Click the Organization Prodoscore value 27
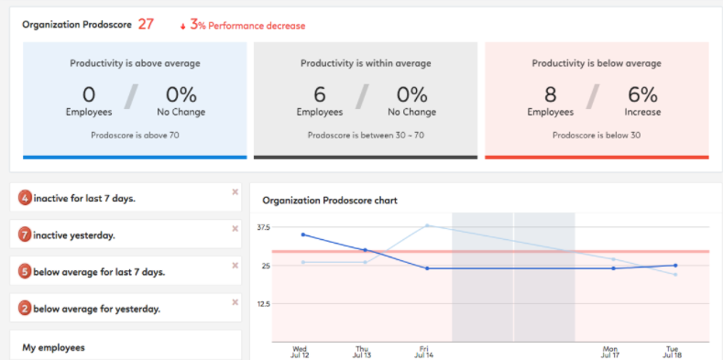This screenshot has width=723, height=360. (x=146, y=25)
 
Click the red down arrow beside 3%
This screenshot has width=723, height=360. (x=182, y=26)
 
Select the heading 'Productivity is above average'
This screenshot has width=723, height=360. (x=135, y=63)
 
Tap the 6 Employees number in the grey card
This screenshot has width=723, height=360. (x=319, y=94)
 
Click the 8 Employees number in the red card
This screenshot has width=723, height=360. (x=550, y=94)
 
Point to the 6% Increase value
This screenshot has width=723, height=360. (x=642, y=94)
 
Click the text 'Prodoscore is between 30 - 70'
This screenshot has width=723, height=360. (x=366, y=135)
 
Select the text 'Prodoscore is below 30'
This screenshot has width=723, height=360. (x=597, y=135)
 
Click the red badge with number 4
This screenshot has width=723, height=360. (x=26, y=199)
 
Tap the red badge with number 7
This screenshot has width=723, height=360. (x=26, y=235)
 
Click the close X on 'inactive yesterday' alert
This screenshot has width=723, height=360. (x=235, y=229)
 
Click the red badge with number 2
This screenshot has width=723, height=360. (x=26, y=309)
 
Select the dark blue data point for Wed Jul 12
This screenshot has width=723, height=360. (x=302, y=235)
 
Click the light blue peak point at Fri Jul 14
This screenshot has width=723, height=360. (x=427, y=225)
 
